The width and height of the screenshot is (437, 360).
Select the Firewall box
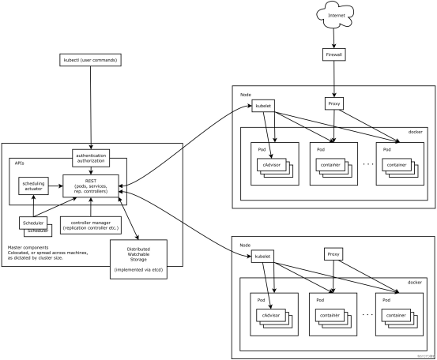(x=333, y=55)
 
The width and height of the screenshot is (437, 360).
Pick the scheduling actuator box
(x=35, y=187)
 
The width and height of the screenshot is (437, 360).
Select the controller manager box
(x=91, y=224)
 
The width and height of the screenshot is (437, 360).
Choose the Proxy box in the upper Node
(x=333, y=104)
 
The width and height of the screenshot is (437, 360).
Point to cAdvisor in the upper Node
(x=273, y=165)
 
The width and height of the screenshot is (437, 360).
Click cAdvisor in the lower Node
(x=273, y=316)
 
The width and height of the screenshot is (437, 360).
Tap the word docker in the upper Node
(x=415, y=132)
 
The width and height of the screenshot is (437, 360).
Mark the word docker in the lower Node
(x=415, y=283)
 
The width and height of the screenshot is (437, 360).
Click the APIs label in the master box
(x=20, y=162)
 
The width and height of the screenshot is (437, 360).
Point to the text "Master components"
(x=26, y=247)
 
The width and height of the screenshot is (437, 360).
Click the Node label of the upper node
(x=245, y=94)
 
